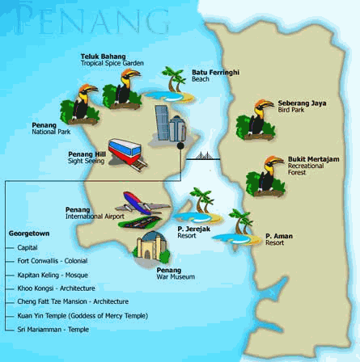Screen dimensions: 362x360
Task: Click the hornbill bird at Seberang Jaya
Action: [x=255, y=120]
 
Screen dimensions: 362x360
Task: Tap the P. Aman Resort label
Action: [x=274, y=239]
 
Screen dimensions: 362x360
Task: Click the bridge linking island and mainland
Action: [x=209, y=157]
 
